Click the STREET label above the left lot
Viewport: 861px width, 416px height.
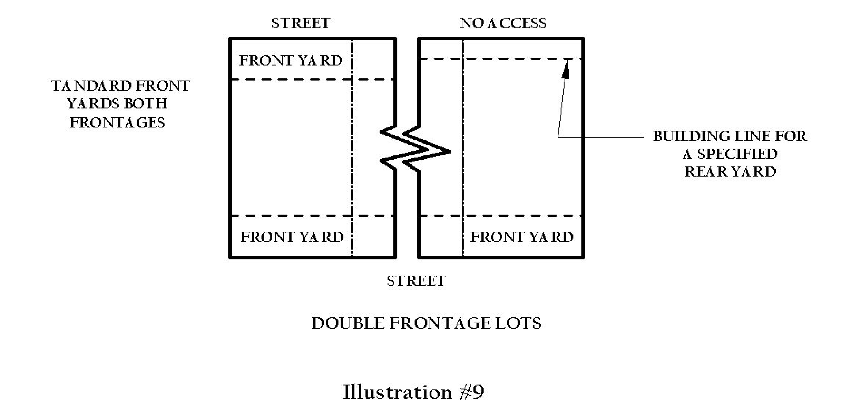pos(300,23)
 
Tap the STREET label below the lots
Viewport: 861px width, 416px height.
pos(416,281)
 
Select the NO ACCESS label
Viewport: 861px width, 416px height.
pos(503,23)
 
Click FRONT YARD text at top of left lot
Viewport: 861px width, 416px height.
pos(291,61)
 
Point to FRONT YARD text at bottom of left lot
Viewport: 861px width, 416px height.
pos(292,237)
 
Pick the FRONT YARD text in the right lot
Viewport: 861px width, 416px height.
pos(522,237)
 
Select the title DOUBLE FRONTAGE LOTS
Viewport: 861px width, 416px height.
pos(426,324)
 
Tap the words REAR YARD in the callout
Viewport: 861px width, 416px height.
pos(730,172)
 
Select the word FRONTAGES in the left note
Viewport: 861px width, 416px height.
pos(117,123)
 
